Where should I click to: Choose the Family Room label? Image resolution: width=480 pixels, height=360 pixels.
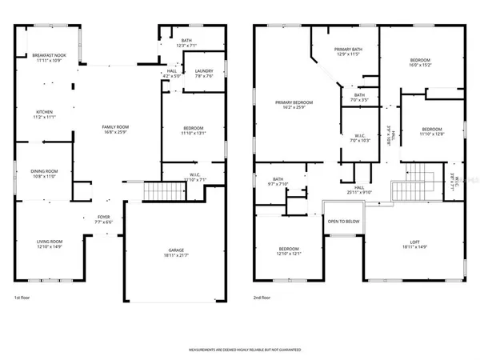(x=115, y=127)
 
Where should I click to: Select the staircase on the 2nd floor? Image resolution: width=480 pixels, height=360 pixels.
(x=405, y=190)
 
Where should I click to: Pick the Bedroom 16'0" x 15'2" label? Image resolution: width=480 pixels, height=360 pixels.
(x=420, y=61)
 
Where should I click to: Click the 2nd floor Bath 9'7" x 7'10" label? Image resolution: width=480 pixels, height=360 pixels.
(x=278, y=182)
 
